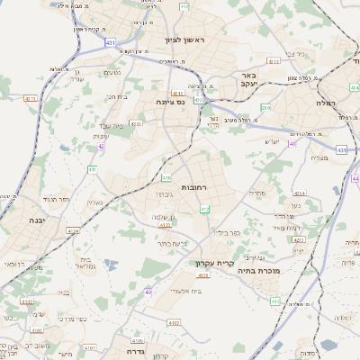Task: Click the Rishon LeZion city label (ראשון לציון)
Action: pos(185,40)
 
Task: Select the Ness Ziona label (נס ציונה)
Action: pos(169,103)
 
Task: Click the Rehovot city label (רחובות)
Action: pos(194,187)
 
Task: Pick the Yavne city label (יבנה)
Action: pos(35,220)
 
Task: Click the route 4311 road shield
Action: pos(31,99)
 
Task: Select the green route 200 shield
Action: pos(265,107)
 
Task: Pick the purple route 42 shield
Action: pos(103,145)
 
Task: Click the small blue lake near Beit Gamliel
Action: pos(111,265)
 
